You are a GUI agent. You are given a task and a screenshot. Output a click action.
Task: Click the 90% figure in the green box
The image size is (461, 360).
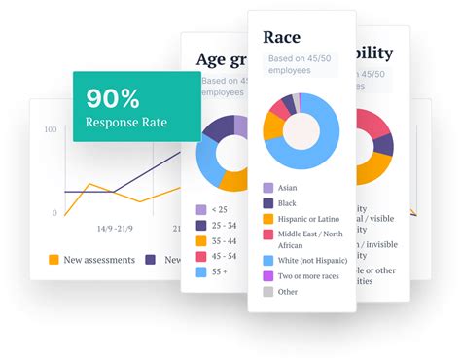113,98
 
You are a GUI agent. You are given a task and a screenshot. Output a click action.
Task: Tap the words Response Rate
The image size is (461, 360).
126,123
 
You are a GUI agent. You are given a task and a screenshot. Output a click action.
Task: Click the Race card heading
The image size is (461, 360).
282,38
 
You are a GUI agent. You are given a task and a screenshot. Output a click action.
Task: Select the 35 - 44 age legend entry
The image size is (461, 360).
222,240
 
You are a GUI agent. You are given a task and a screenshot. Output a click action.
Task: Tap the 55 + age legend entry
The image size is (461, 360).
218,272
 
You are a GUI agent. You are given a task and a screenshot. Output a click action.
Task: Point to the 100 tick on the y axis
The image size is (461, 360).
51,128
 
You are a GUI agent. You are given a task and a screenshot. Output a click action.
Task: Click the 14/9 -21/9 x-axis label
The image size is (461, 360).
116,229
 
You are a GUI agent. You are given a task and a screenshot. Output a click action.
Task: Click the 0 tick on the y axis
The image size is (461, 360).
54,212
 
